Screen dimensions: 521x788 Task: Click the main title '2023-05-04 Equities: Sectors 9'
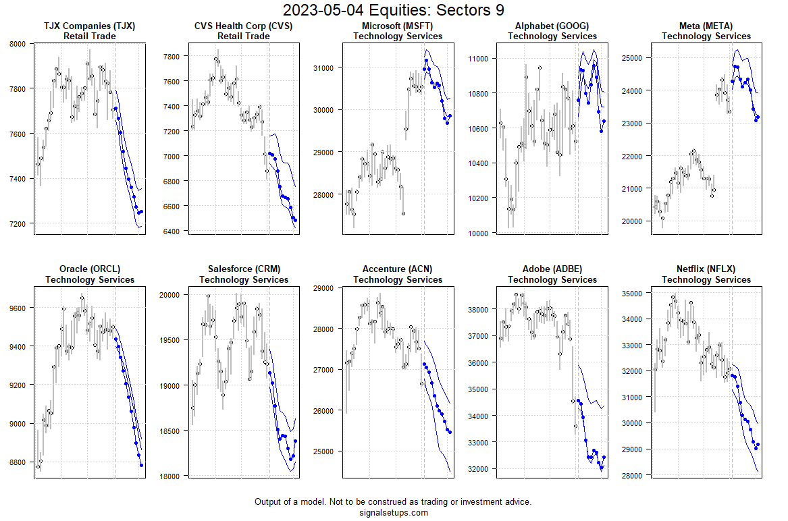click(393, 10)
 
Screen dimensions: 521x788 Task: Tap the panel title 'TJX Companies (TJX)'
click(89, 26)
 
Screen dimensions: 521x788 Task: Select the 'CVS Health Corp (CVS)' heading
click(243, 26)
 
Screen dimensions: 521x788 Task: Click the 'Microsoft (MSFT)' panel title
click(398, 26)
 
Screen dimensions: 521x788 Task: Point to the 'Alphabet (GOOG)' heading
click(552, 26)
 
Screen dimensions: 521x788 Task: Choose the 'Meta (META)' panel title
click(706, 26)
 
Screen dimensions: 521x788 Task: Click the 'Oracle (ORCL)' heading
click(89, 269)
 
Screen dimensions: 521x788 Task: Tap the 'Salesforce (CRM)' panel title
click(243, 269)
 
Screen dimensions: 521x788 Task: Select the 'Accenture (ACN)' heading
click(398, 269)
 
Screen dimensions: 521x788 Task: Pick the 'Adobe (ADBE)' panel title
click(552, 269)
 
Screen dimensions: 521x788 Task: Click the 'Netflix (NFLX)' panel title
click(706, 269)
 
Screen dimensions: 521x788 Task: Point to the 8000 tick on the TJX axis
click(17, 44)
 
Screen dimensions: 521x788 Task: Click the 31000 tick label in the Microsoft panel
click(325, 67)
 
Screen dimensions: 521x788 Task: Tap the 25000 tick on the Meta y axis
click(633, 58)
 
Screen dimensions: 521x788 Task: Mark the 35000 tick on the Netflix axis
click(633, 294)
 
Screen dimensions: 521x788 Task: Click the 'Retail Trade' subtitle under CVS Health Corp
click(243, 36)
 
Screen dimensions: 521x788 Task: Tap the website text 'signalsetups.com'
click(393, 512)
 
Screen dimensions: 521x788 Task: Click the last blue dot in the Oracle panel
click(141, 465)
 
